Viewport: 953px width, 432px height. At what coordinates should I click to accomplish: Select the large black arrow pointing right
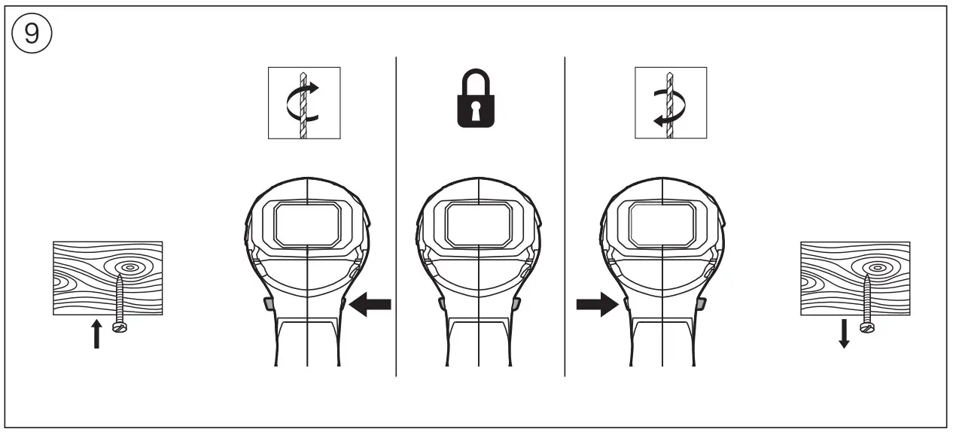pyautogui.click(x=595, y=305)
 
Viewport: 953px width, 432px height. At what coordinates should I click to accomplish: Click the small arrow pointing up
pyautogui.click(x=96, y=333)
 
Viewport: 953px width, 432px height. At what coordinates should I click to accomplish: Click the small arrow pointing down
pyautogui.click(x=844, y=333)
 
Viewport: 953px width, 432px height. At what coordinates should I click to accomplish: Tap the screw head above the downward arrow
pyautogui.click(x=866, y=327)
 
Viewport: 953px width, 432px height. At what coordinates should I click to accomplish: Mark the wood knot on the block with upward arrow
pyautogui.click(x=129, y=266)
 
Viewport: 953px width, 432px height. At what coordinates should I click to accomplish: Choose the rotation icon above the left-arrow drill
pyautogui.click(x=304, y=103)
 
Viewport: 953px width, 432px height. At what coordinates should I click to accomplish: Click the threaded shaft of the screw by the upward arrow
pyautogui.click(x=119, y=297)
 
